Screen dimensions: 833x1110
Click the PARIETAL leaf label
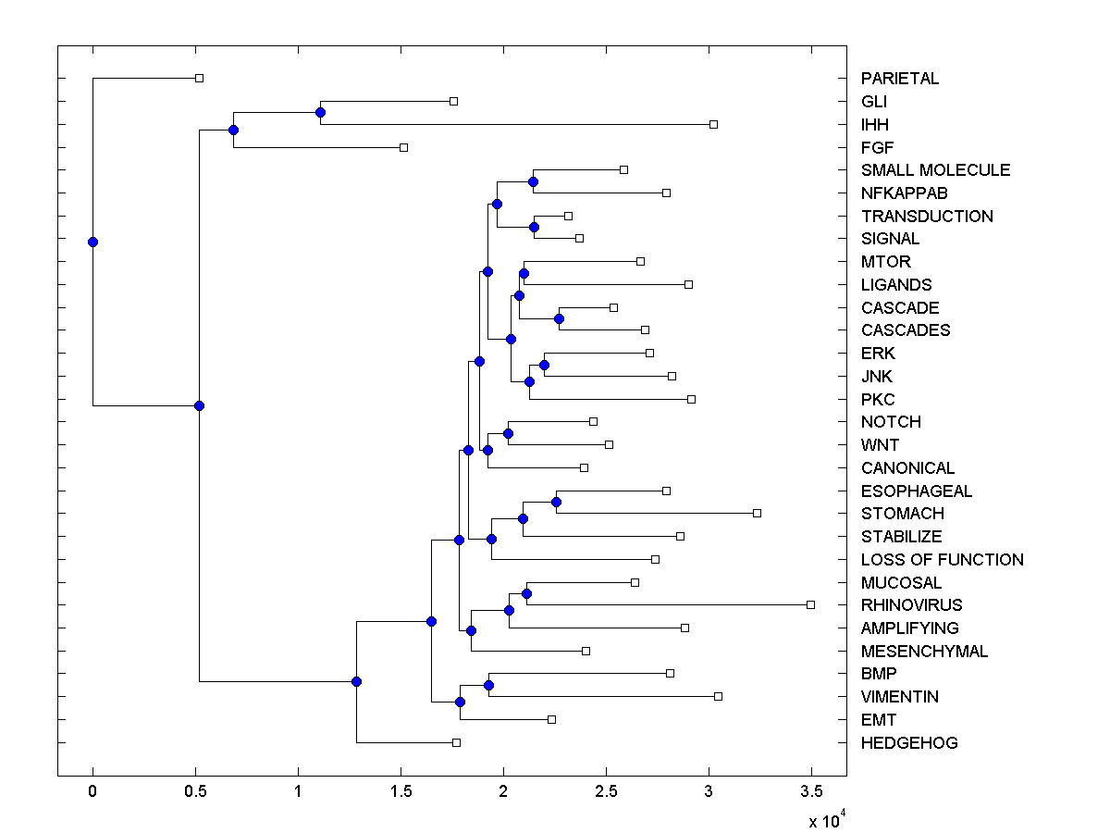[x=899, y=79]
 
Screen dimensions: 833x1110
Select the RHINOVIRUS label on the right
[x=911, y=605]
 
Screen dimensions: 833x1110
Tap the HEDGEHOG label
[x=909, y=743]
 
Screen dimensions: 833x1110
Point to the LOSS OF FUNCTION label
[x=942, y=560]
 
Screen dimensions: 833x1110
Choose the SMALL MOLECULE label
[x=935, y=170]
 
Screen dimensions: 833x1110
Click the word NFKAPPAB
[x=904, y=193]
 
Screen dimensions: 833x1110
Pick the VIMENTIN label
[x=899, y=697]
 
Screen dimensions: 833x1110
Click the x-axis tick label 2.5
[x=606, y=791]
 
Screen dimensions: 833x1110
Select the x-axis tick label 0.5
[x=195, y=791]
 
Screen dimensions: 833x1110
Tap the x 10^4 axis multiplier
[x=827, y=819]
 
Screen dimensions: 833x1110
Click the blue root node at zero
[x=92, y=242]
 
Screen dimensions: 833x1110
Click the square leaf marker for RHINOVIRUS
[x=810, y=604]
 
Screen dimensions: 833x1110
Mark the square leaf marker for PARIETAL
[x=199, y=78]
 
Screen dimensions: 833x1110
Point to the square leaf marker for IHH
[x=713, y=124]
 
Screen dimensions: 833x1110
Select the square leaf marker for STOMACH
[x=757, y=513]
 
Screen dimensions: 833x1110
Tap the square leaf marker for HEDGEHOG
[x=456, y=742]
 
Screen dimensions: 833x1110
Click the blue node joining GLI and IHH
[x=320, y=112]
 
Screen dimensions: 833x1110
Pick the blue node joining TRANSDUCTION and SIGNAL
[x=534, y=227]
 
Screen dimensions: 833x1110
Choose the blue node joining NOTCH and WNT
[x=508, y=433]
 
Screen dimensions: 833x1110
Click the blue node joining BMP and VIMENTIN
[x=488, y=685]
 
